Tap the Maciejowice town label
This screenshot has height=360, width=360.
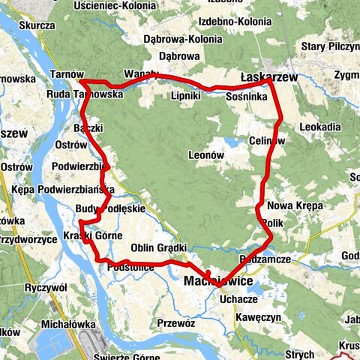click(219, 280)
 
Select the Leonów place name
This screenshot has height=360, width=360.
click(207, 154)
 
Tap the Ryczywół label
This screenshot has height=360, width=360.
click(46, 287)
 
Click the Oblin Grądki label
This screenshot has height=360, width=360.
click(158, 247)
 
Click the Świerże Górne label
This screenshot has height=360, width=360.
click(124, 355)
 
